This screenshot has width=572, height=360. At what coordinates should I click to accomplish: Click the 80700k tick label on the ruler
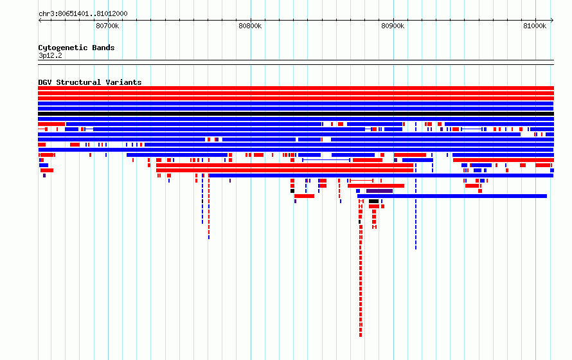pos(107,26)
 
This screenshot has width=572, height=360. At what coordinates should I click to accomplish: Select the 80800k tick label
pos(250,26)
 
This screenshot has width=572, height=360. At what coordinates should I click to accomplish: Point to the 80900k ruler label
pos(393,26)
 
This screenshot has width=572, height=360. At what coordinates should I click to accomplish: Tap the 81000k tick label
pos(535,26)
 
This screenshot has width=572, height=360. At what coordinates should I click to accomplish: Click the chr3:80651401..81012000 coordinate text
pos(83,14)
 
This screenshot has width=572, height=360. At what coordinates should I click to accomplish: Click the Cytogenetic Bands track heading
pos(76,48)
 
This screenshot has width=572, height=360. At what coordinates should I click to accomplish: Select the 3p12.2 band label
pos(50,56)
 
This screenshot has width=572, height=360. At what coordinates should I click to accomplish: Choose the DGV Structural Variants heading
pos(90,82)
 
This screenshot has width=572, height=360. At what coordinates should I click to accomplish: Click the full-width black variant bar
pos(296,114)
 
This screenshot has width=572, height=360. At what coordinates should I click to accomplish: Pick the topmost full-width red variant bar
pos(296,88)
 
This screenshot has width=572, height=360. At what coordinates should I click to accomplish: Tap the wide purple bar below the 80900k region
pos(379,191)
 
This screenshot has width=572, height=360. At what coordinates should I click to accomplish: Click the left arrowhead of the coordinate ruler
pos(39,21)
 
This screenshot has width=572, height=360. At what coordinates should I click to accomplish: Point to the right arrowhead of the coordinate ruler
pos(552,21)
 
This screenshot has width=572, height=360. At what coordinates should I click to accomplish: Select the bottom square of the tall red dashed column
pos(361,335)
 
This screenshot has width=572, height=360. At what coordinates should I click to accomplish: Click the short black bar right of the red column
pos(373,201)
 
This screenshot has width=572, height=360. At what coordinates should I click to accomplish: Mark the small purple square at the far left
pos(44,175)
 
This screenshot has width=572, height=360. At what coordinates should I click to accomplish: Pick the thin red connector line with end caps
pos(361,181)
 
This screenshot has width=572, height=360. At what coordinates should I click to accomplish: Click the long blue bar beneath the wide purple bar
pos(452,196)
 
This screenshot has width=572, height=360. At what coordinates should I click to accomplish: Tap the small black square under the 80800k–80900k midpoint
pos(292,191)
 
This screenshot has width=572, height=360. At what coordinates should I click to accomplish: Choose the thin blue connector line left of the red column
pos(326,160)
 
